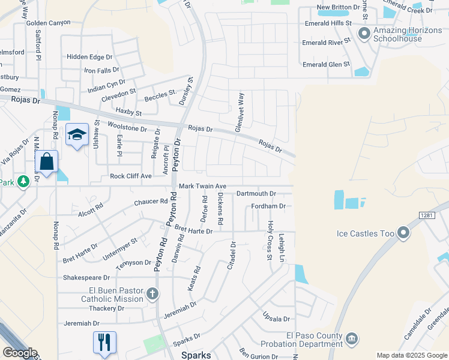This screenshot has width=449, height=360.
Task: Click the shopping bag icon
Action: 47,161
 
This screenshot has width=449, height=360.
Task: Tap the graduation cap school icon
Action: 77,134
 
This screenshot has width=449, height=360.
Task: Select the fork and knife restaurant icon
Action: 104,342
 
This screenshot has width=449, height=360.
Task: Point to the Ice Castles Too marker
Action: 403,232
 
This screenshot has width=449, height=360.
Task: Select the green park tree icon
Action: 23,181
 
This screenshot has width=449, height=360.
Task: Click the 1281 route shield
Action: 426,215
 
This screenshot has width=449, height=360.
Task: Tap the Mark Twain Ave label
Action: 202,187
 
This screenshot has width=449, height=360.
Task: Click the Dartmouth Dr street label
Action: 256,194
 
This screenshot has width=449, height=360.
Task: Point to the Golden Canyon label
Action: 49,23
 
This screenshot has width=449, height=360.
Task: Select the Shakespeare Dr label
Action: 86,278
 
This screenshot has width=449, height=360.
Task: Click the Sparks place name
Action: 196,355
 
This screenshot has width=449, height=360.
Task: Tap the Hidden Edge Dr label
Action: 89,57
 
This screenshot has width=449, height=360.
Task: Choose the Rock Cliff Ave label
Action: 130,176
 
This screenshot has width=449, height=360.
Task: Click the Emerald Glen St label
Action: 326,65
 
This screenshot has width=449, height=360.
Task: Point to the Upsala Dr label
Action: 276,319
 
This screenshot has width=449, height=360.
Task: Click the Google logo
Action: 20,353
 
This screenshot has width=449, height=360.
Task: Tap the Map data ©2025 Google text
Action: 412,355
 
